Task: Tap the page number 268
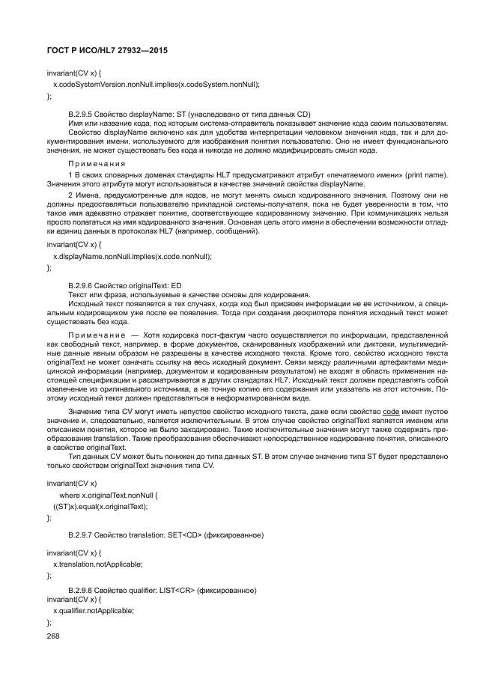pyautogui.click(x=53, y=635)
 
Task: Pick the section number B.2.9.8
pyautogui.click(x=82, y=591)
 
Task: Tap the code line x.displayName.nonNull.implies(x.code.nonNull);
pyautogui.click(x=132, y=256)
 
